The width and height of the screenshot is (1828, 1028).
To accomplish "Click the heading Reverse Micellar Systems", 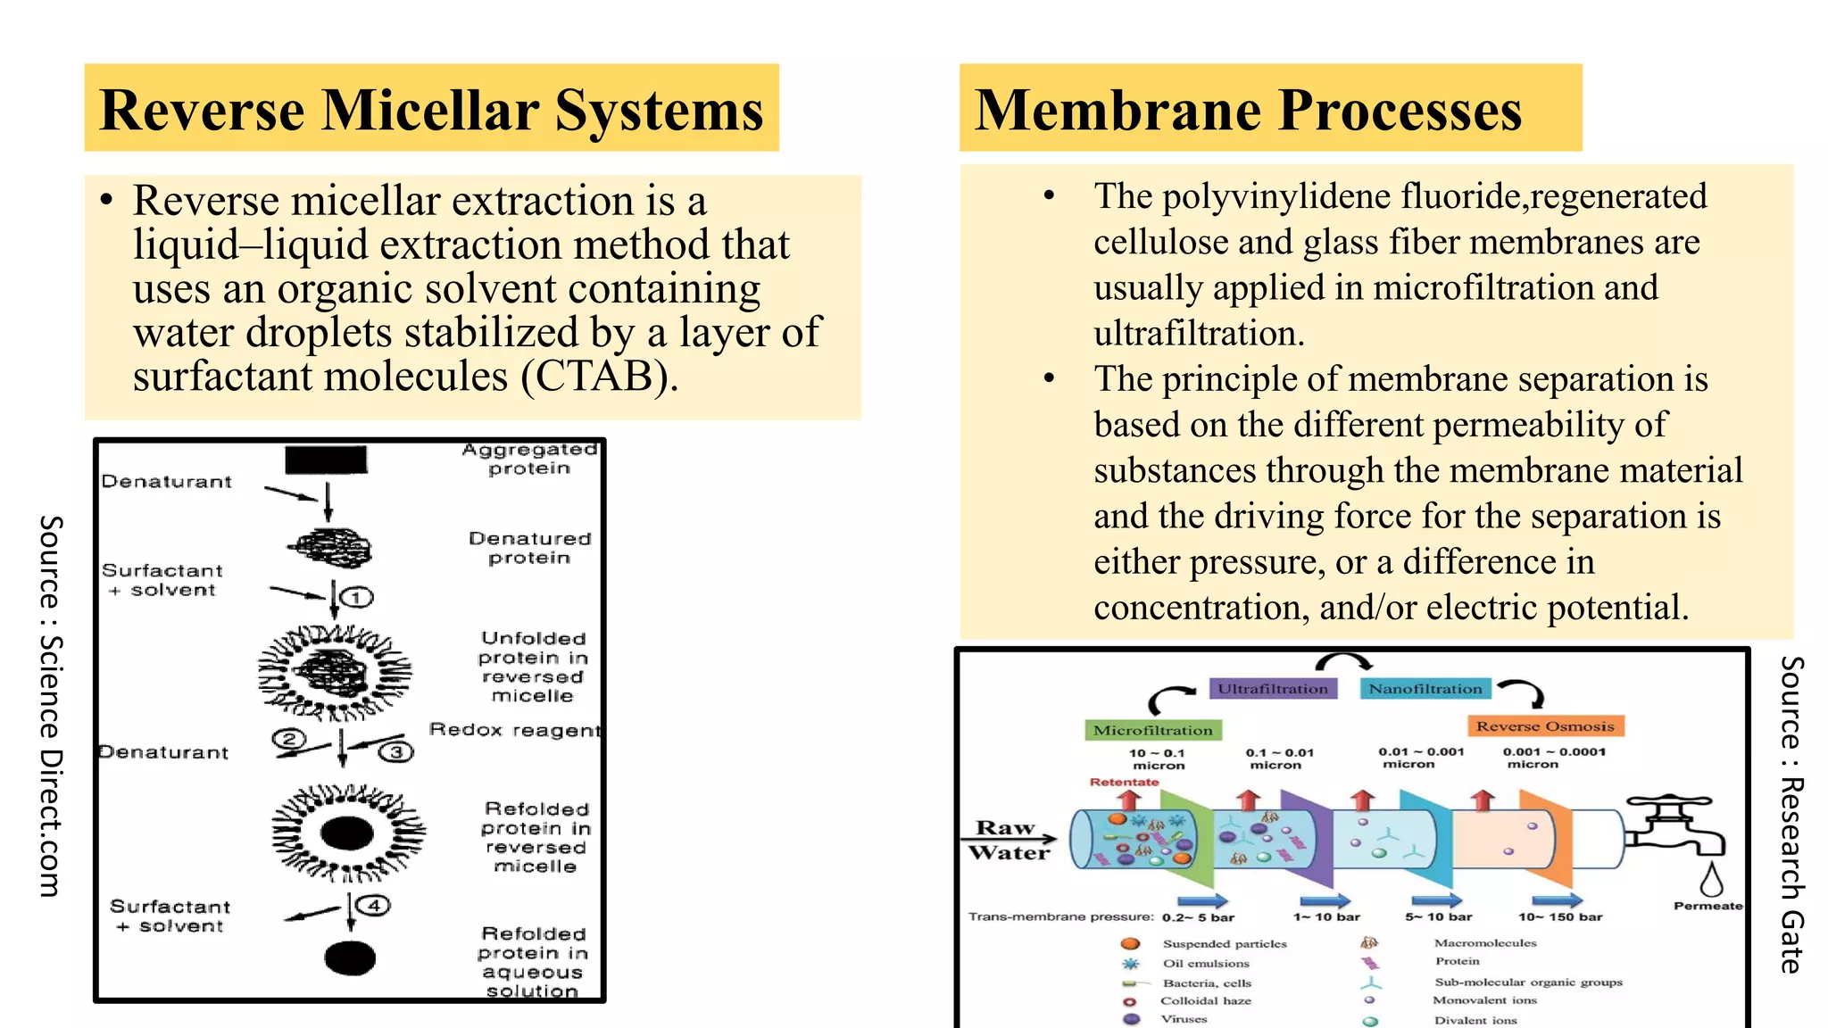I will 431,110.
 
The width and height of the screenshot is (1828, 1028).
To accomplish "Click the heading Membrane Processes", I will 1247,110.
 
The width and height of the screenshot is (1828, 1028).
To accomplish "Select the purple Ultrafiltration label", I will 1273,689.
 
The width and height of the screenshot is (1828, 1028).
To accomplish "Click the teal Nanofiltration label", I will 1425,689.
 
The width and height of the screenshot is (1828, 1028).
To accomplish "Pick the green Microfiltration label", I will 1152,730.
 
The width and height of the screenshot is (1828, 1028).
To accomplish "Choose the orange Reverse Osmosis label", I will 1544,726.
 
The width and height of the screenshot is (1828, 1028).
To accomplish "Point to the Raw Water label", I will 1009,840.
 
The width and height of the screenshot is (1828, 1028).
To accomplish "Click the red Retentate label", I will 1124,782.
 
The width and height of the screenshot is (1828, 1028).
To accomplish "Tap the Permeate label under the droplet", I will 1707,906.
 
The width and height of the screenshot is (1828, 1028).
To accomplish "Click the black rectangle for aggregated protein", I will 326,460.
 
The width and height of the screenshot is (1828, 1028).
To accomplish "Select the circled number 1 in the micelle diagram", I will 357,597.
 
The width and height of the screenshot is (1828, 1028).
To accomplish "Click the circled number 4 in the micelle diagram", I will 374,905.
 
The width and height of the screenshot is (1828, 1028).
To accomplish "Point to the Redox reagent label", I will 515,730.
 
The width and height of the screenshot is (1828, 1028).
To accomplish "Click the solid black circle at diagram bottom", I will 350,958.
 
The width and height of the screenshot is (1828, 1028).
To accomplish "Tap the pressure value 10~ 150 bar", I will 1560,916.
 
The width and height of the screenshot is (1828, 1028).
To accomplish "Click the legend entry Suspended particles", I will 1224,943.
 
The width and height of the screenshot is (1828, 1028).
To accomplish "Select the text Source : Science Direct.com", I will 51,705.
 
